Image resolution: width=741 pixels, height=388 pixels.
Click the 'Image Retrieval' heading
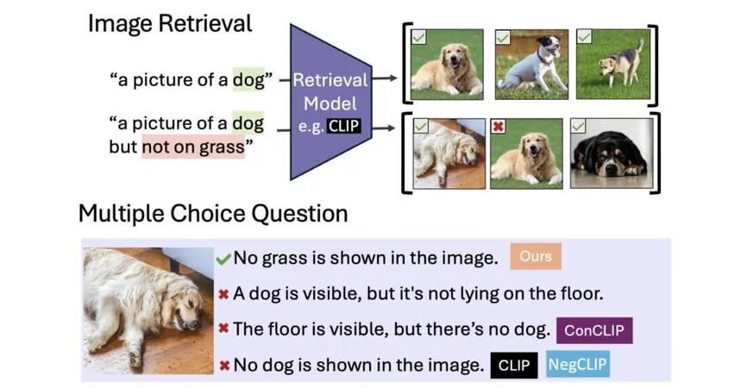coord(170,24)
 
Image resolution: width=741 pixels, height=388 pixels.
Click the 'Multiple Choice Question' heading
coord(213,214)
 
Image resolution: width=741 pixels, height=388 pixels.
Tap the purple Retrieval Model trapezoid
coord(330,102)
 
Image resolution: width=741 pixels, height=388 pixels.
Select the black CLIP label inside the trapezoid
coord(343,126)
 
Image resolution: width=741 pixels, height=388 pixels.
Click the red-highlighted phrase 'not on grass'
coord(193,147)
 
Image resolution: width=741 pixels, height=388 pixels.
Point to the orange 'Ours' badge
coord(536,256)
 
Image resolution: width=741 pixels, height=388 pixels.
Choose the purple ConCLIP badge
coord(594,330)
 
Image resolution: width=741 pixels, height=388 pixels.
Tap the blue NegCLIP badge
coord(577,365)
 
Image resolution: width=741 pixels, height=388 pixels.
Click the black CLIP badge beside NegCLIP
coord(513,366)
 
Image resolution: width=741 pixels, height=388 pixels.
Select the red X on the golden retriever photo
coord(498,126)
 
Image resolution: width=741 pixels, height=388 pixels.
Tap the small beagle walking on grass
coord(621,63)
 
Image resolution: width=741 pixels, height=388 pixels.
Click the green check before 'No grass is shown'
coord(223,259)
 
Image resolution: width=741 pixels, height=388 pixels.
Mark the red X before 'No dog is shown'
coord(224,366)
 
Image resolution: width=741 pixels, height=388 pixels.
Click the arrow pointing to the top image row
coord(384,78)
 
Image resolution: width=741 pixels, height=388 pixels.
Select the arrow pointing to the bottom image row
coord(383,128)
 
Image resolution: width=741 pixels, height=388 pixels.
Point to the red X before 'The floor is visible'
coord(224,328)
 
